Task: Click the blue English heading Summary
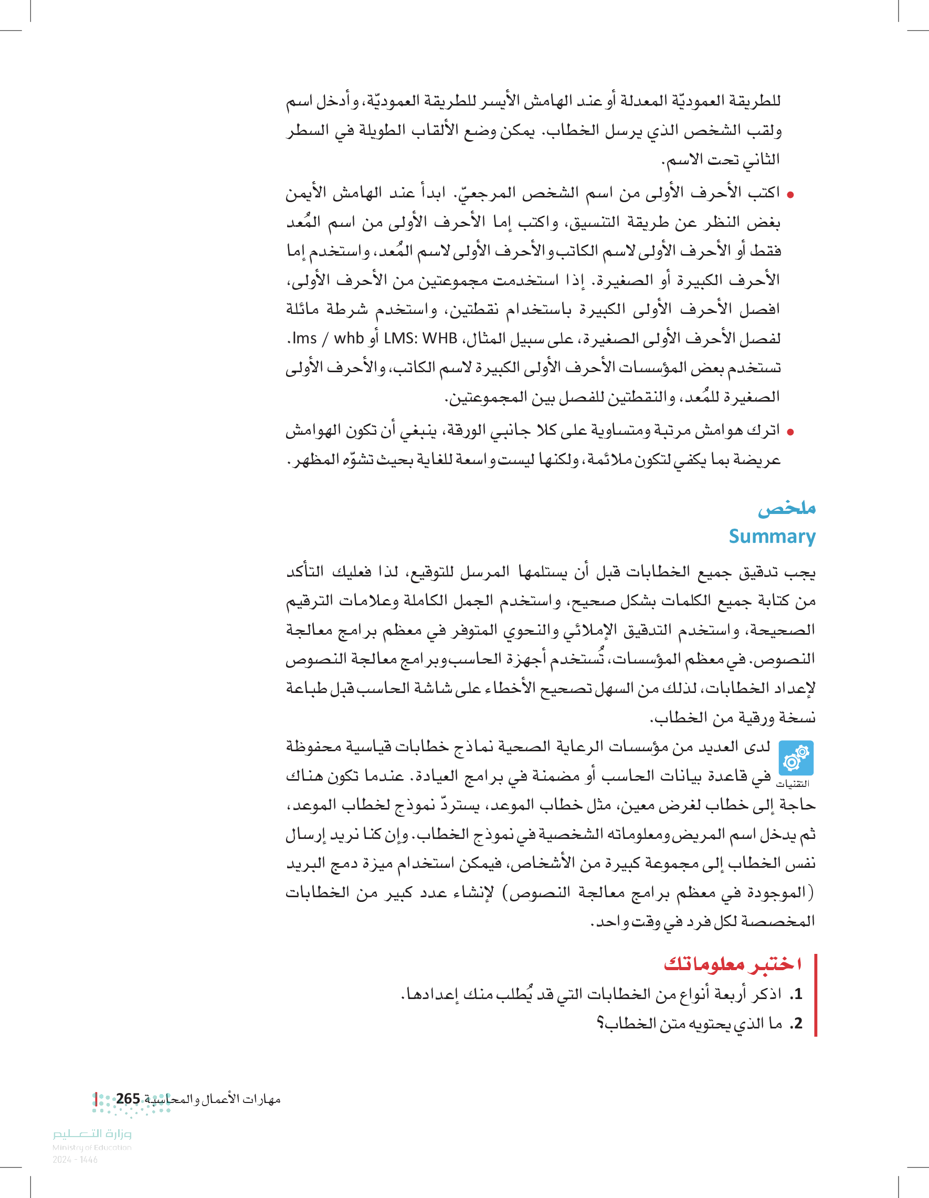[772, 537]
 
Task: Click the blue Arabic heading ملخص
[786, 509]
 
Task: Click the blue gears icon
[796, 758]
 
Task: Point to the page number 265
[128, 1099]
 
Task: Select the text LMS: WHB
[420, 339]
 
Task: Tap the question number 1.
[797, 993]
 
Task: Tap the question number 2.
[797, 1023]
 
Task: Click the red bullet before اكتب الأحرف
[790, 194]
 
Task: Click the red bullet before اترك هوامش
[790, 432]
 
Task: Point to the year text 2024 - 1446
[75, 1160]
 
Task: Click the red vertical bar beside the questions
[816, 995]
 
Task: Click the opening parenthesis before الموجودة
[812, 892]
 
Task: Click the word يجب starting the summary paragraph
[803, 572]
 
